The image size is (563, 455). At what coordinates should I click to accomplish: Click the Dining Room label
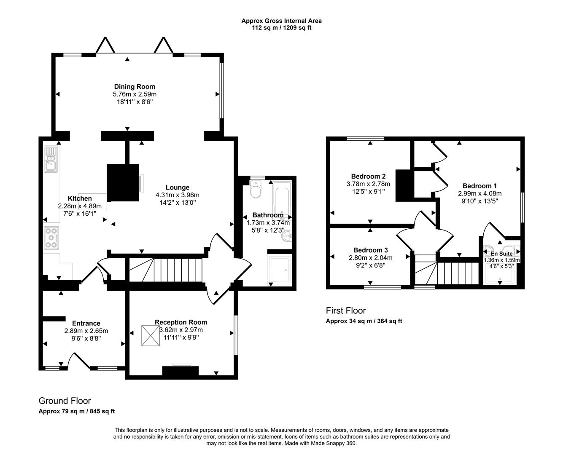click(135, 87)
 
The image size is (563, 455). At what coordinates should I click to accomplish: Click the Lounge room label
click(177, 187)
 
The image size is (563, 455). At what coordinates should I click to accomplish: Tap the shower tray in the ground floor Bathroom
click(279, 269)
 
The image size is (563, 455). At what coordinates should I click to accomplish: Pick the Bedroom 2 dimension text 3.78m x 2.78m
click(368, 184)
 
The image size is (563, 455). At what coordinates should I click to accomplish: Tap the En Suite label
click(501, 254)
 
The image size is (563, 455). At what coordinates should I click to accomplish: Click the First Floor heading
click(346, 310)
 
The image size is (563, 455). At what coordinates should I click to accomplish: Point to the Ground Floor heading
click(65, 401)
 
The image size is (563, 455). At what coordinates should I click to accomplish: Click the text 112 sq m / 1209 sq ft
click(281, 28)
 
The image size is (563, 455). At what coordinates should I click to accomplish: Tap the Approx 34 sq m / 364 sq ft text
click(364, 321)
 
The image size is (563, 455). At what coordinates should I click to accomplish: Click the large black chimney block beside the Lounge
click(123, 183)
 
